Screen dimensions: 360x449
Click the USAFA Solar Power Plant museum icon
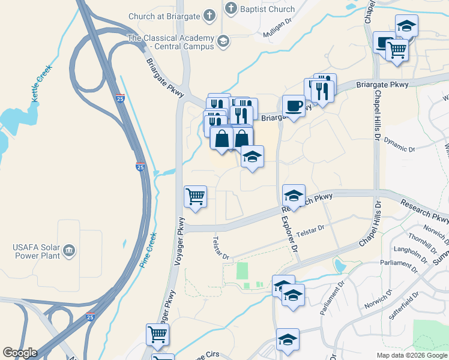(x=70, y=249)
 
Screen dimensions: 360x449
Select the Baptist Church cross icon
(x=231, y=9)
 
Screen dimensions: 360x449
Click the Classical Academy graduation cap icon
(x=223, y=41)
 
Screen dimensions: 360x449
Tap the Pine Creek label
(x=148, y=250)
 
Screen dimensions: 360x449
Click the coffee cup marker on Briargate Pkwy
(x=294, y=106)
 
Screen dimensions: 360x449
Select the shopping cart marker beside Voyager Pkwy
(x=196, y=196)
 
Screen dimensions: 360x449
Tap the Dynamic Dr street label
(x=399, y=145)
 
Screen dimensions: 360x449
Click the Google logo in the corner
(x=20, y=353)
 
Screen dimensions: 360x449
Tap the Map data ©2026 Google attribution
(x=412, y=355)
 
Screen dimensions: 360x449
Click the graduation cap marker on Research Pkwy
(x=294, y=196)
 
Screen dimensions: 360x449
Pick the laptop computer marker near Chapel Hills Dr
(x=384, y=42)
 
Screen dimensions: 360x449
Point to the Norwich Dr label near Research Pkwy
(x=435, y=230)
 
